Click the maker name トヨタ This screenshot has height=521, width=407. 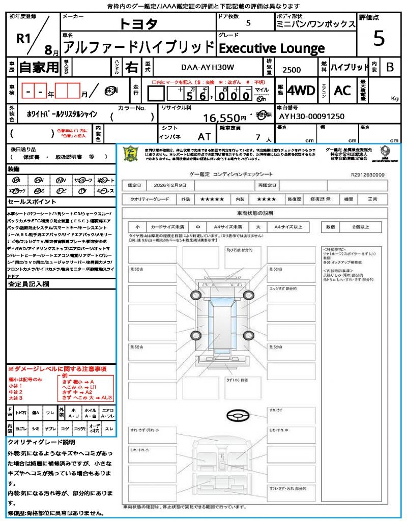pos(138,24)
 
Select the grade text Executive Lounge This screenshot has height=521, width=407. pos(271,48)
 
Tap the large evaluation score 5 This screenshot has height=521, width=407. pos(379,38)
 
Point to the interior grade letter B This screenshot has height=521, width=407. pos(390,67)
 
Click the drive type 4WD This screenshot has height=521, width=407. pos(301,91)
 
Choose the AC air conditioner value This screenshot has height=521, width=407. pos(342,91)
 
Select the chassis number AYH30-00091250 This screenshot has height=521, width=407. pos(311,116)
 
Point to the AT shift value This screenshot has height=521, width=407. pos(204,136)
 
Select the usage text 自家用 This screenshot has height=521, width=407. pos(39,67)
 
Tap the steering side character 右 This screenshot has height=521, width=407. pos(132,67)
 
